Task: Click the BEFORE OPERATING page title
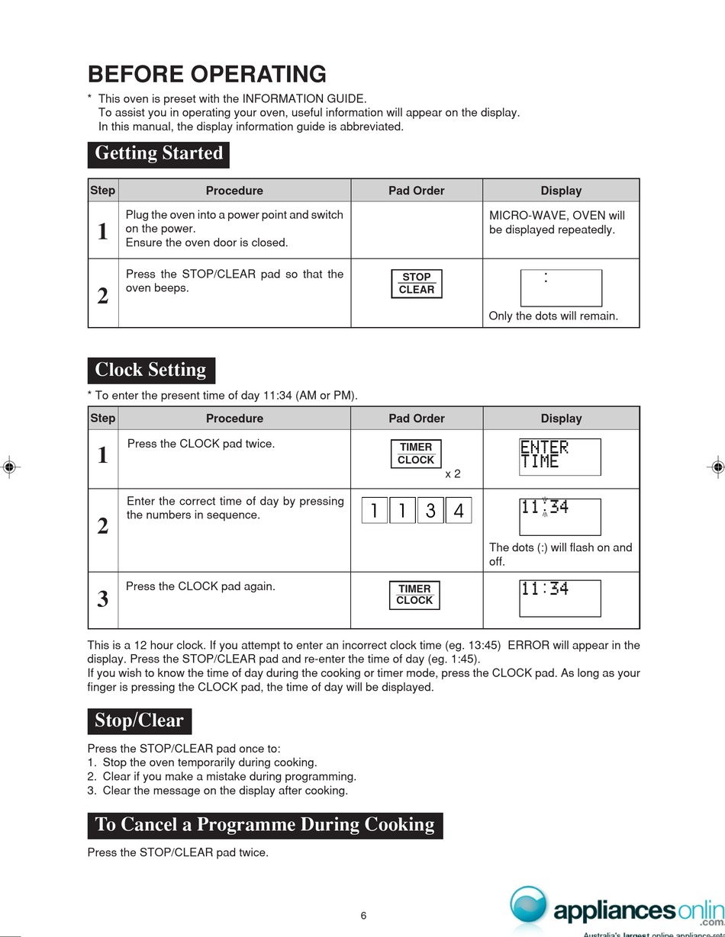[x=207, y=75]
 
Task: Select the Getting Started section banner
[x=159, y=153]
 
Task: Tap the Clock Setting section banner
[x=150, y=371]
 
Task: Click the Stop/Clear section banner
[x=139, y=721]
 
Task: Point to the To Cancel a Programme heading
[x=265, y=825]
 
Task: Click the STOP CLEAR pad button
[x=417, y=284]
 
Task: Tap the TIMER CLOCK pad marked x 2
[x=416, y=454]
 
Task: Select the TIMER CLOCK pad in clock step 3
[x=415, y=595]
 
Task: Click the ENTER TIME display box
[x=560, y=457]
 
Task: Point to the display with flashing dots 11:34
[x=560, y=516]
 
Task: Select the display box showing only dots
[x=561, y=288]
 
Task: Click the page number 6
[x=363, y=916]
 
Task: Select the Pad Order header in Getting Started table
[x=417, y=191]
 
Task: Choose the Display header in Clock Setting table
[x=561, y=419]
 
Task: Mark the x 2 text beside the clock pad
[x=453, y=474]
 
